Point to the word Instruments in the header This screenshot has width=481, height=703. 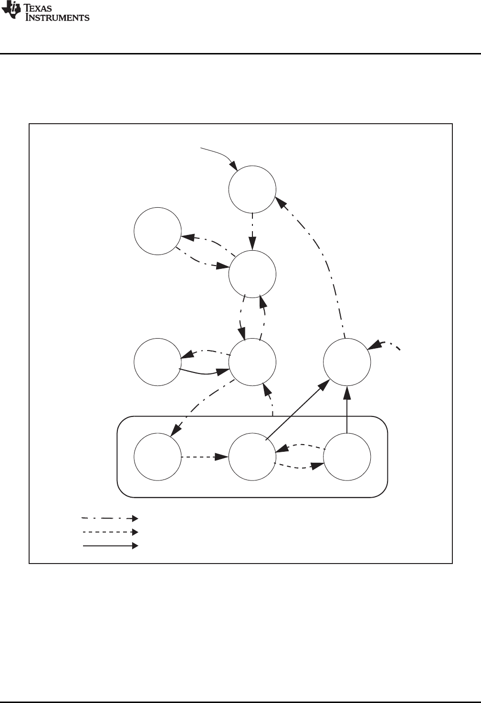pos(57,18)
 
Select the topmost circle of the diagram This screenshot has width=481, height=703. pos(252,189)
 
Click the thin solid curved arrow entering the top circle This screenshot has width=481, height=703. pos(220,154)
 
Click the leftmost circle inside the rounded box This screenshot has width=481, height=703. pos(157,457)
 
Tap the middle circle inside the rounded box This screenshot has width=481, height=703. pos(252,457)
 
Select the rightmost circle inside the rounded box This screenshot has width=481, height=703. pos(347,457)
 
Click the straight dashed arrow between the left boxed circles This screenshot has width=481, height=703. pos(204,457)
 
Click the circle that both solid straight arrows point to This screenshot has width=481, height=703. pos(347,362)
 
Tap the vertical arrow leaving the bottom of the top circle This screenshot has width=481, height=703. pos(252,231)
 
